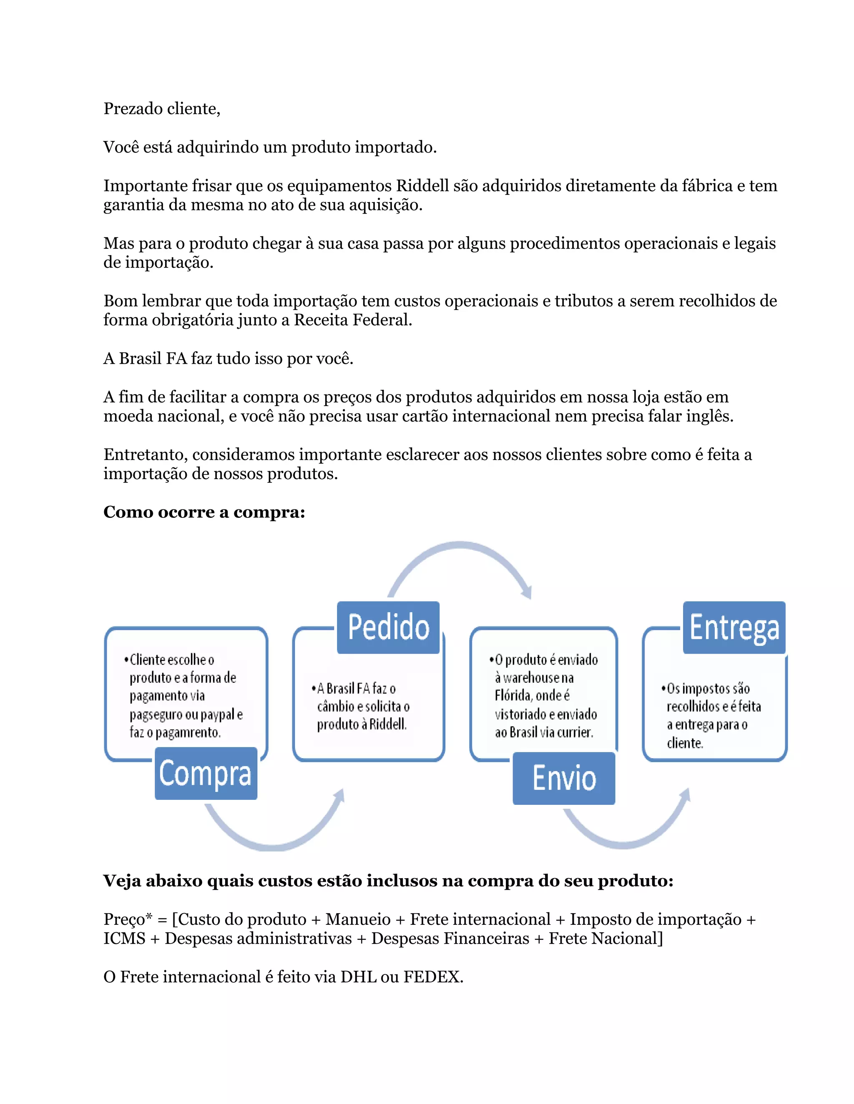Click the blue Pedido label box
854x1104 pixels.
point(388,627)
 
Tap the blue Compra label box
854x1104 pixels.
point(206,773)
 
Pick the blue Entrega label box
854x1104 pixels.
point(734,627)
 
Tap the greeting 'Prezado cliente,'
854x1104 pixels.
point(162,109)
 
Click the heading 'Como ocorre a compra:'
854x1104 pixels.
point(204,512)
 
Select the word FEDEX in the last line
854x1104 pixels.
point(433,977)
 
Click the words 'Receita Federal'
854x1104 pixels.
point(353,320)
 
